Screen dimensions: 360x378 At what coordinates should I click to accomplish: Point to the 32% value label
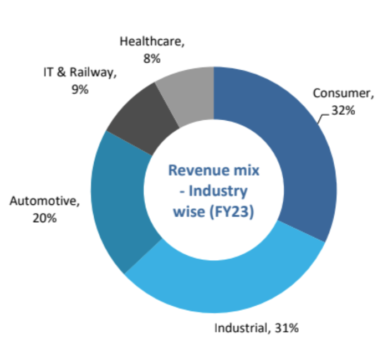tap(343, 110)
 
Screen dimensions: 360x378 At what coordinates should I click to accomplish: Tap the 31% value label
tap(286, 328)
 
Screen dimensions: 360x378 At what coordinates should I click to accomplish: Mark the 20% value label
tap(44, 218)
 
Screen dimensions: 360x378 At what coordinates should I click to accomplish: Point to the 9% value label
tap(80, 89)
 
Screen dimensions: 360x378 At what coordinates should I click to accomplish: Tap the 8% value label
tap(152, 58)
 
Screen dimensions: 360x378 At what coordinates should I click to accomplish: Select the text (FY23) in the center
tap(232, 212)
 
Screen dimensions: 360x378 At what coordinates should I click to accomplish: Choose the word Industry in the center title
tap(218, 191)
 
